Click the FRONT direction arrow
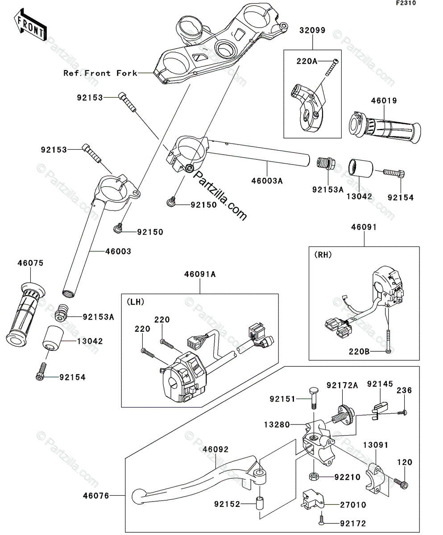tap(30, 25)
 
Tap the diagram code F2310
tap(406, 3)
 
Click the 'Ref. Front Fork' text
tap(100, 73)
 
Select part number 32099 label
tap(312, 30)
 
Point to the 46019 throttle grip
tap(385, 127)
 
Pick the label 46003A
tap(267, 181)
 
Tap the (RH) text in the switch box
tap(323, 255)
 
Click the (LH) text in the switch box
tap(135, 302)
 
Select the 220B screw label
tap(359, 352)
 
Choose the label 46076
tap(96, 496)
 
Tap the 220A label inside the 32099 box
tap(307, 61)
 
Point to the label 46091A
tap(200, 275)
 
